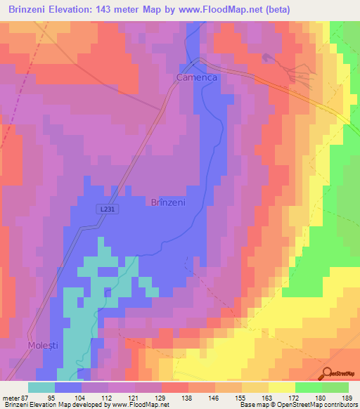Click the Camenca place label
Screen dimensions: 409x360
click(x=197, y=79)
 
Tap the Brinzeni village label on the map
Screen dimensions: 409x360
click(x=168, y=202)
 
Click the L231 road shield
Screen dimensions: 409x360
click(x=105, y=209)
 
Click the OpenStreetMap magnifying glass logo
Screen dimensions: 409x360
click(x=328, y=374)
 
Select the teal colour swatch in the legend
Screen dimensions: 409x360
click(x=41, y=387)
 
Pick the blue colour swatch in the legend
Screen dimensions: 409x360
click(x=68, y=387)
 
